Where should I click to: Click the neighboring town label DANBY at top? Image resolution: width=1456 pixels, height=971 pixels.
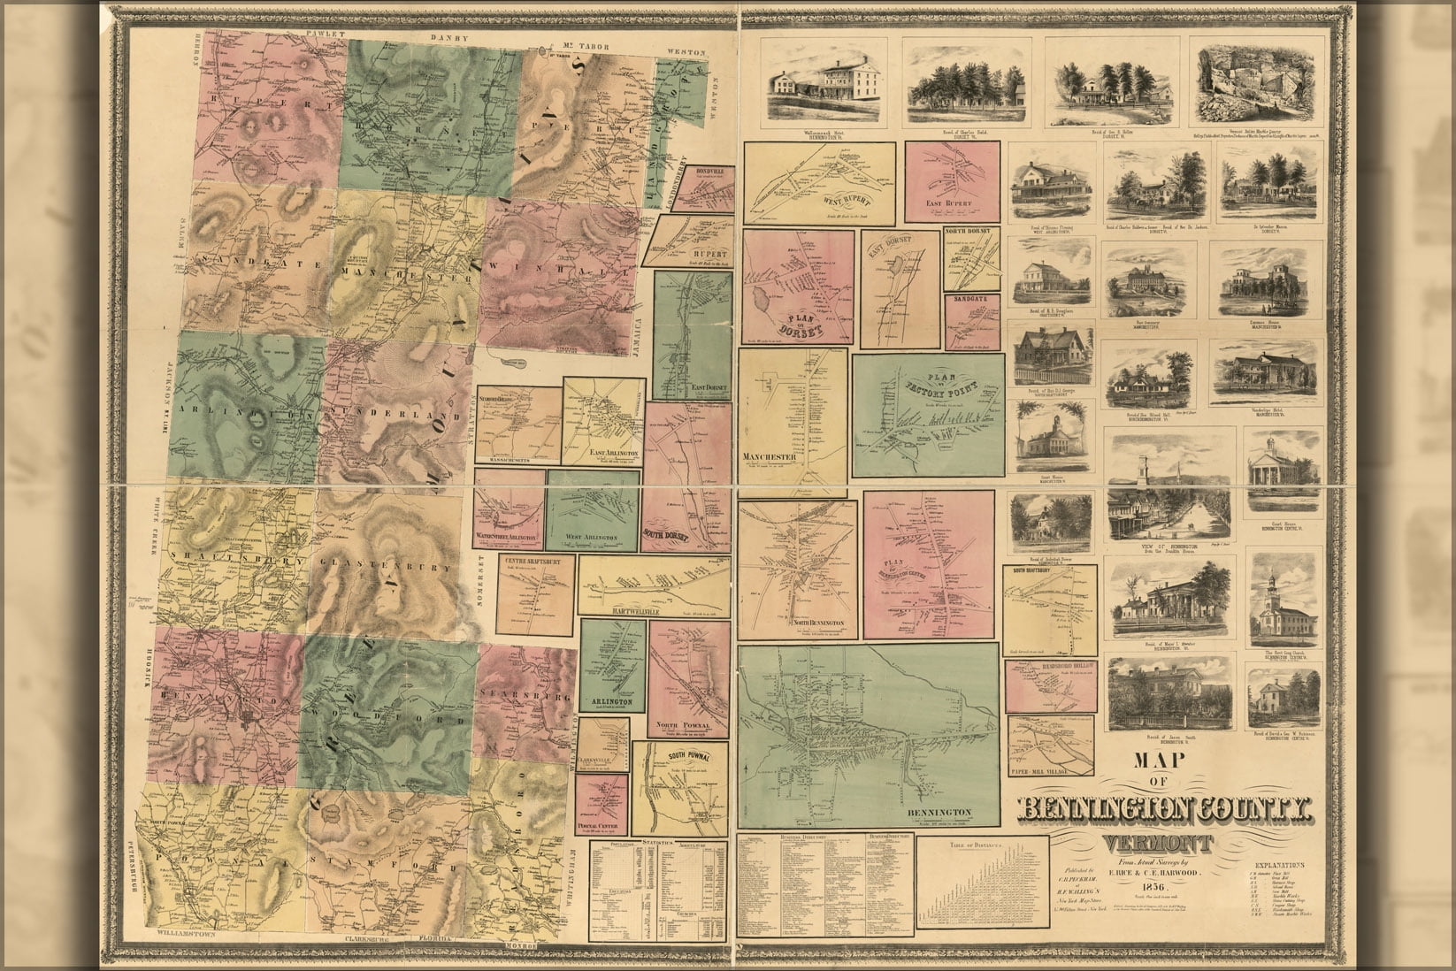coord(448,40)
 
